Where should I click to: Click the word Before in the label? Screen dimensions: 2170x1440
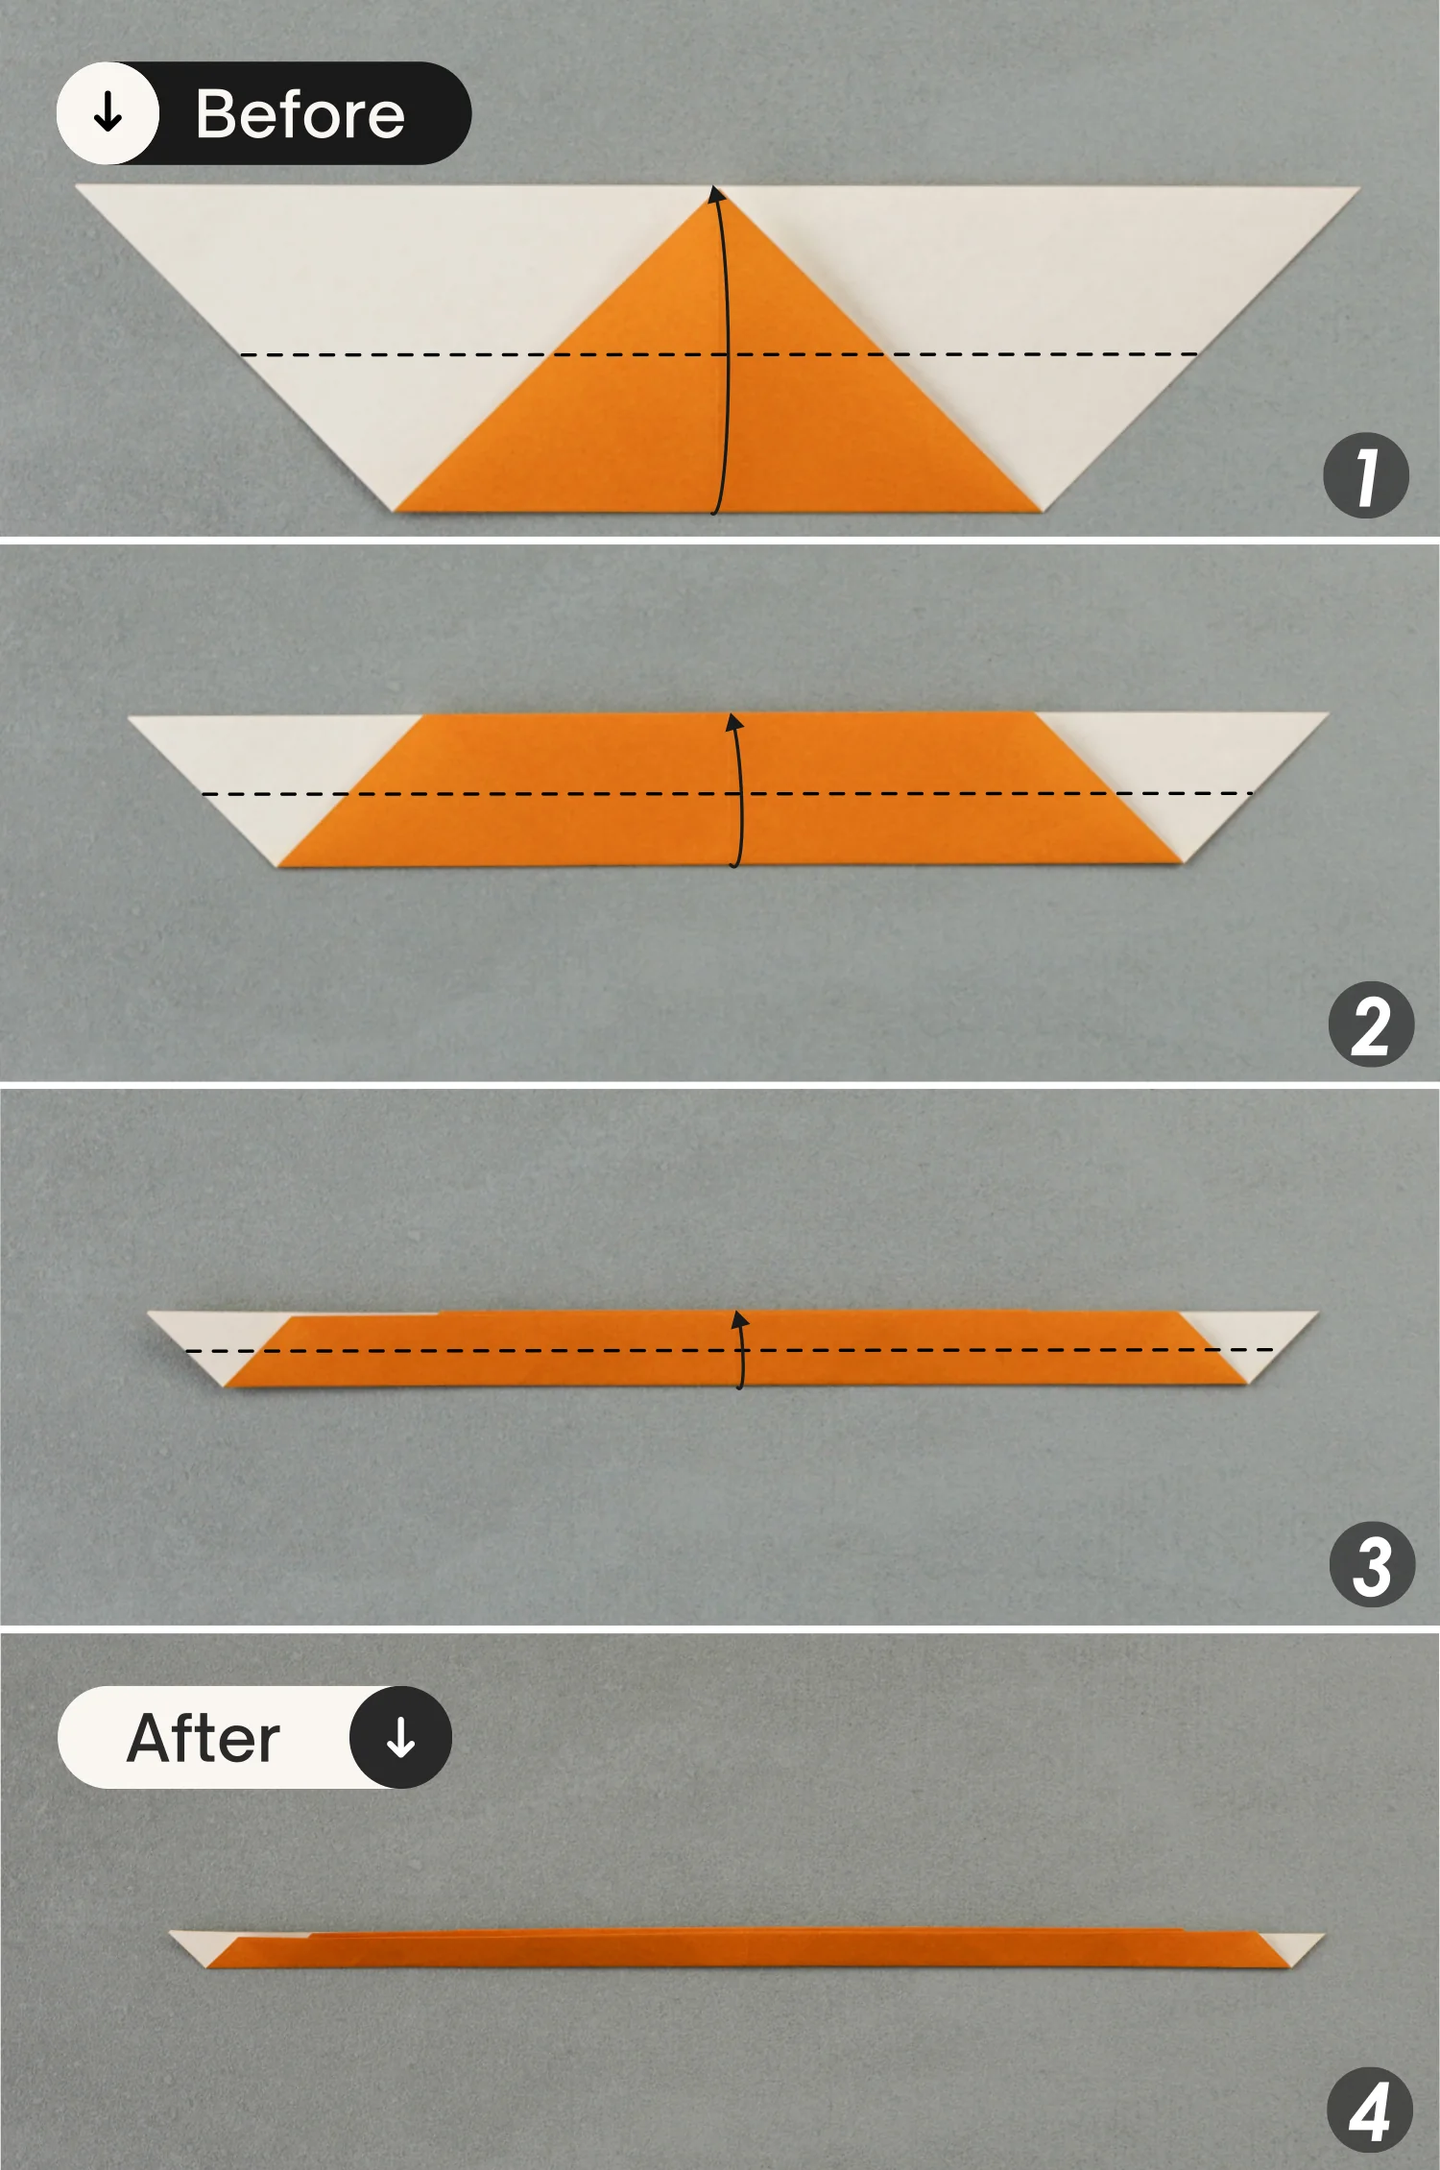(x=300, y=114)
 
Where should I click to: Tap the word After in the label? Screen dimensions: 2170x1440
(x=204, y=1739)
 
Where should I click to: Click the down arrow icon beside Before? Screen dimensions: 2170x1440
(x=108, y=113)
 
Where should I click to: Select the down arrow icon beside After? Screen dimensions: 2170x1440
(x=400, y=1738)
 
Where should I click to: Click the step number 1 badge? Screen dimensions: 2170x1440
(x=1365, y=476)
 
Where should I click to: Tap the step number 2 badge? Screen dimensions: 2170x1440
(x=1371, y=1025)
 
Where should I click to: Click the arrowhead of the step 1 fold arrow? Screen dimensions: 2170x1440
(x=716, y=194)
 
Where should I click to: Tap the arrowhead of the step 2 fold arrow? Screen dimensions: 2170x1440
(x=734, y=722)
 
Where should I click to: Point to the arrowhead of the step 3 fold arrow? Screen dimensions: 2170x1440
(x=739, y=1319)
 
